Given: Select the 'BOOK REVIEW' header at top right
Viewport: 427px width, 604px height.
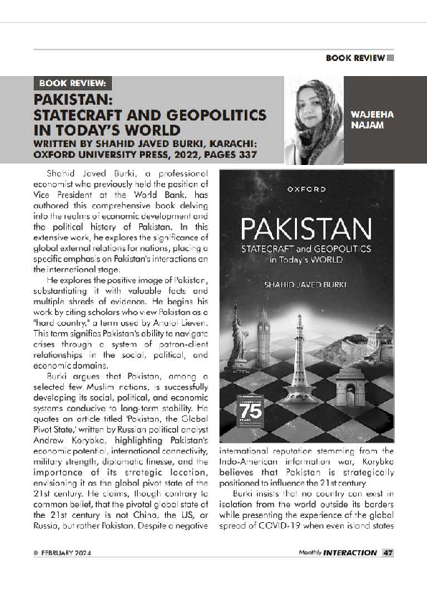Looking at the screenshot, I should point(355,57).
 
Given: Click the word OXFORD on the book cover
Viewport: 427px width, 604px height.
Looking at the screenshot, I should point(306,189).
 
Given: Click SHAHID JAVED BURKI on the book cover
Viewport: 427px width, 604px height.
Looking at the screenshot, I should point(306,285).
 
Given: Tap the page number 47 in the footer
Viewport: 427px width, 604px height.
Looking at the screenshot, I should point(388,553).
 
